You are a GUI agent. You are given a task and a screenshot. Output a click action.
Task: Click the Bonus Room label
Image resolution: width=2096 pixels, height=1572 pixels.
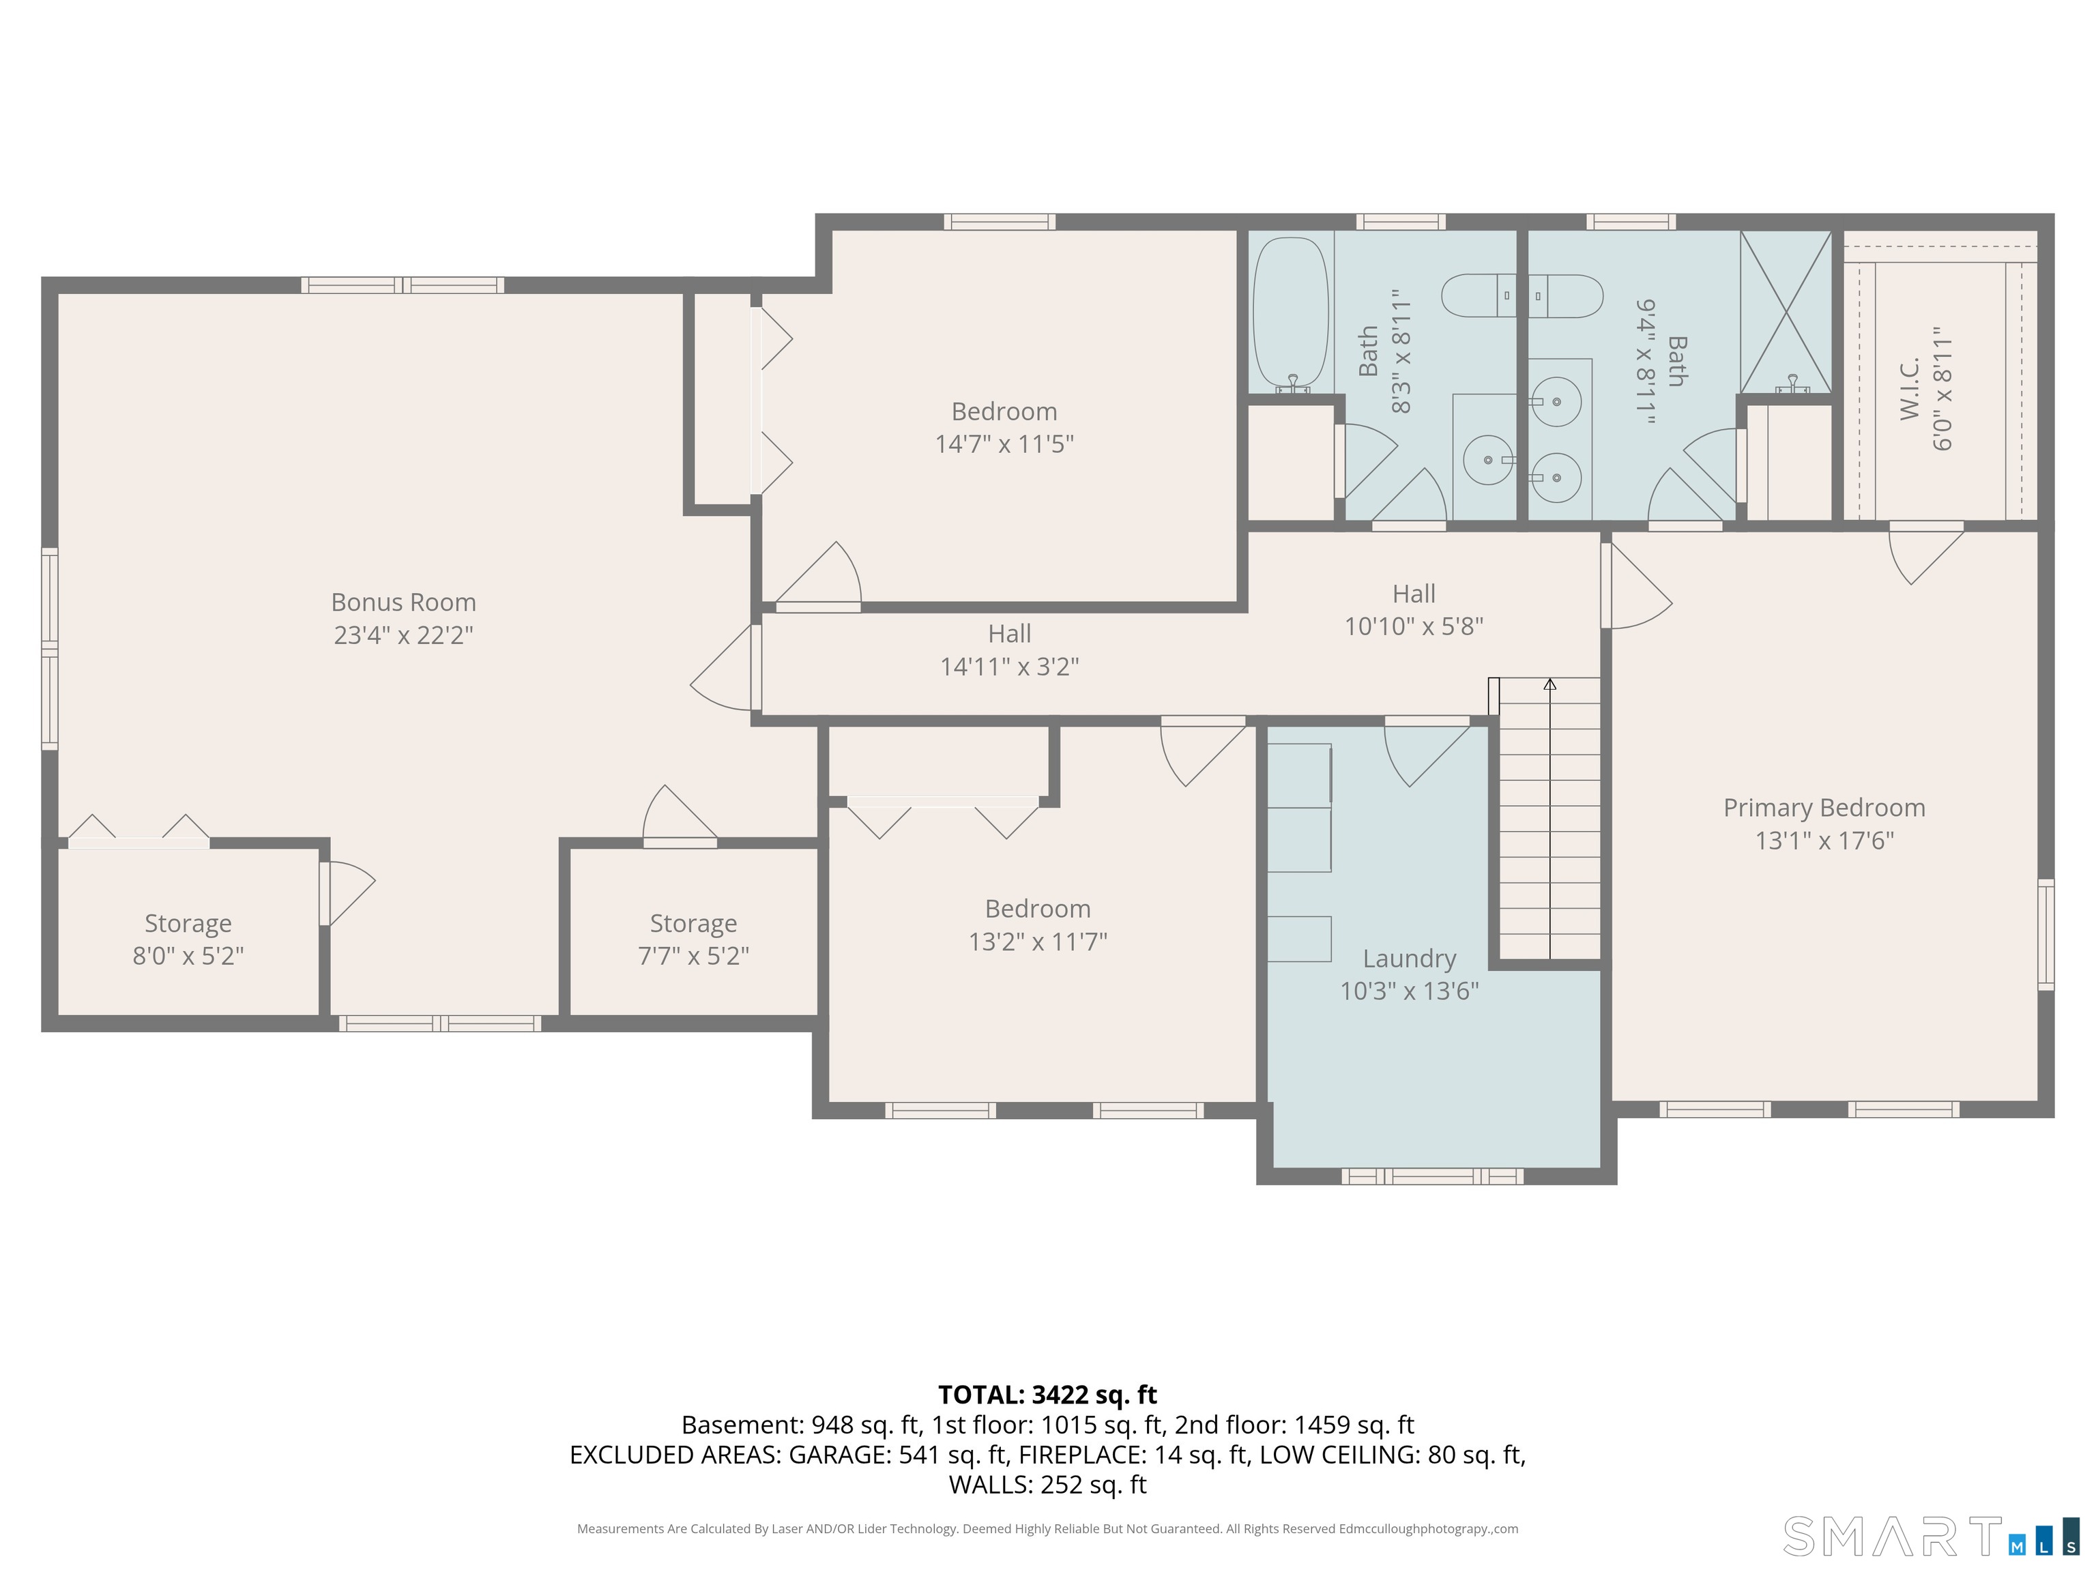404,602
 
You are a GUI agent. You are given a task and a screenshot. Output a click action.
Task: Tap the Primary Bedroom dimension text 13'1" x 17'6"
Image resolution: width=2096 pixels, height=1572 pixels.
1824,841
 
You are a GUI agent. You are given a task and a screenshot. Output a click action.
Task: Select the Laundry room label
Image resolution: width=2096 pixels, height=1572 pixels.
1409,959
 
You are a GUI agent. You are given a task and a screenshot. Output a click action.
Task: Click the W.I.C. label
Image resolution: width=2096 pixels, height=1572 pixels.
1909,388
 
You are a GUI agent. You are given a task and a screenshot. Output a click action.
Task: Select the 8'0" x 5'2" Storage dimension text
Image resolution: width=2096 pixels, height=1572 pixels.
188,956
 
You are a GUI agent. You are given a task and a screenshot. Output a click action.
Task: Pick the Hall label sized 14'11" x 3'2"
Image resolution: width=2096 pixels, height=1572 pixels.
1009,634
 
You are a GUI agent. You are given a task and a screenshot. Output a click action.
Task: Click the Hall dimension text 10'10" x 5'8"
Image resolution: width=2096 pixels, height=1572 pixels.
1414,626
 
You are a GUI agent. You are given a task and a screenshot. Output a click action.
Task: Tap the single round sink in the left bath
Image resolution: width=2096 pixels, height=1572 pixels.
1487,461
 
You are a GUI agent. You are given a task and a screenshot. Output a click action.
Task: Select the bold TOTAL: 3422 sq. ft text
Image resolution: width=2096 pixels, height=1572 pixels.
1047,1395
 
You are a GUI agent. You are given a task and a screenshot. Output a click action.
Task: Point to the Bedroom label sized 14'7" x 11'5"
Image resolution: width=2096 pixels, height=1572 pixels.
1004,412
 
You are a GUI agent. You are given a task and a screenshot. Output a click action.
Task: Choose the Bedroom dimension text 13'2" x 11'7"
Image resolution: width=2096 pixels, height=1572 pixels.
1038,942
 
